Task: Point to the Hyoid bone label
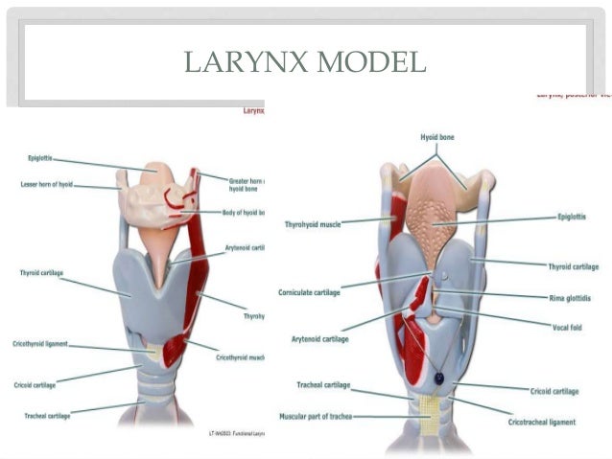coord(436,137)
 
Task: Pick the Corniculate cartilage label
coord(310,290)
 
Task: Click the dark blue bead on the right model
coord(437,379)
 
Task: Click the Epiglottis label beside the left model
coord(39,158)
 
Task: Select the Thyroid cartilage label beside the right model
coord(573,266)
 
